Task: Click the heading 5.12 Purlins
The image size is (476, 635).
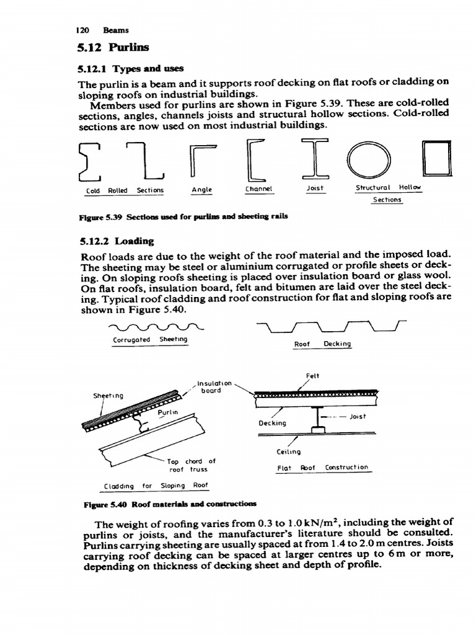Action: pyautogui.click(x=111, y=47)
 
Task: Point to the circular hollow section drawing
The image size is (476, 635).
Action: pyautogui.click(x=369, y=161)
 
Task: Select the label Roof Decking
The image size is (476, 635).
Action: pyautogui.click(x=323, y=344)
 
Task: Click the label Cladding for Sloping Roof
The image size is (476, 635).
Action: pyautogui.click(x=156, y=485)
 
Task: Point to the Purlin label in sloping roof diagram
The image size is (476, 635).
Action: pyautogui.click(x=167, y=412)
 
